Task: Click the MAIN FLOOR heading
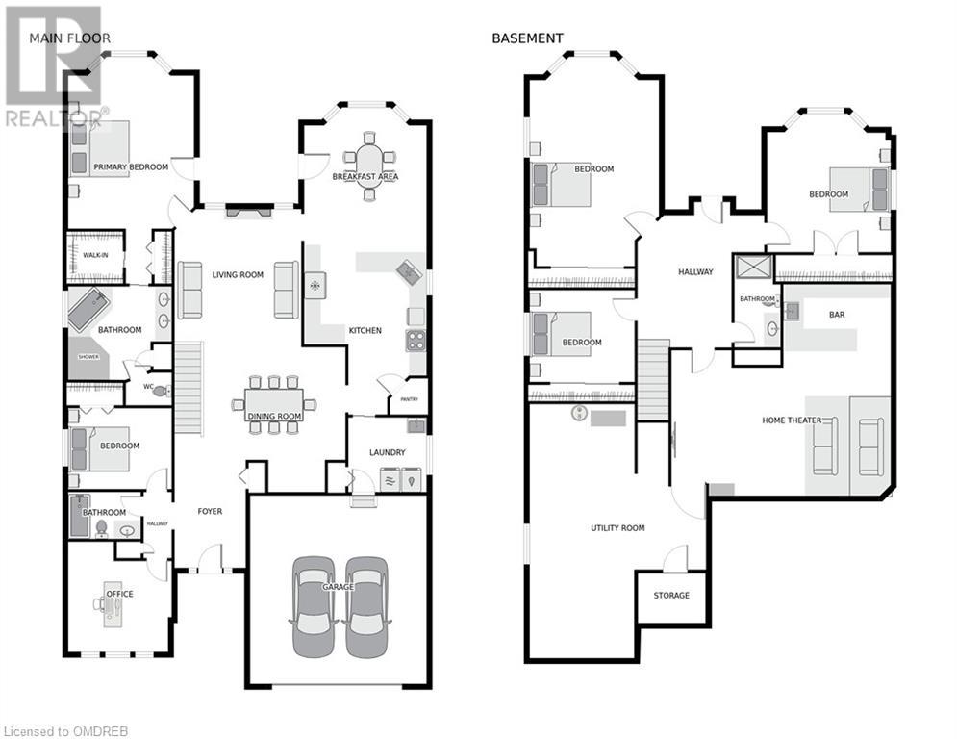pos(69,38)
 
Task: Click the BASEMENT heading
pos(527,38)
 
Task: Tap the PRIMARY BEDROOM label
pos(131,166)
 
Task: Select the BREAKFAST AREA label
pos(365,176)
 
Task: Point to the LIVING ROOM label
pos(238,275)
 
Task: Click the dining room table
pos(274,405)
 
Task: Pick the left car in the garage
pos(314,606)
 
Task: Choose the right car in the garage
pos(366,606)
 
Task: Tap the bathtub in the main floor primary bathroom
pos(88,309)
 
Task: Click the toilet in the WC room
pos(162,391)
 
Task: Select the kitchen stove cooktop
pos(416,341)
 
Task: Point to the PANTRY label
pos(409,399)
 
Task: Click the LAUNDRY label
pos(387,452)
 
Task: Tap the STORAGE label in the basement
pos(671,595)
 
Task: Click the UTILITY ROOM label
pos(617,527)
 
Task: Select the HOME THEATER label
pos(792,420)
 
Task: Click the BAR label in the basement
pos(837,315)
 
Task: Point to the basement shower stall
pos(754,268)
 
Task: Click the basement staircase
pos(654,380)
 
